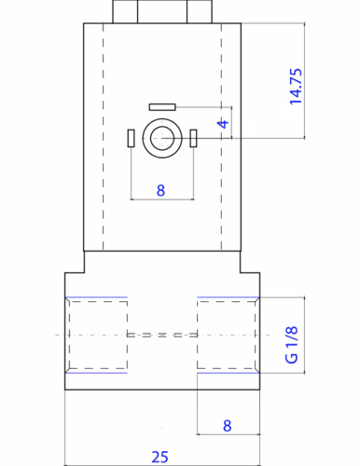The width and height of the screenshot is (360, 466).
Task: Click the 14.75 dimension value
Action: click(296, 87)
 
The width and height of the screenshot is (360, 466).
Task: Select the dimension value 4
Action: click(223, 124)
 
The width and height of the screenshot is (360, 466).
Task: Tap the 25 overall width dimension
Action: click(159, 457)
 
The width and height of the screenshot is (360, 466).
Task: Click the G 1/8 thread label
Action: click(291, 345)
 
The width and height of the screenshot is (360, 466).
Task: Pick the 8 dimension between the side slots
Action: click(160, 190)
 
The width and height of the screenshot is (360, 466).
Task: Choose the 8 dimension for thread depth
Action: click(228, 426)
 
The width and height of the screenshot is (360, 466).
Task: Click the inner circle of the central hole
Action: click(162, 138)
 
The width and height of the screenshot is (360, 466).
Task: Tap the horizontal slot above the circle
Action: click(162, 107)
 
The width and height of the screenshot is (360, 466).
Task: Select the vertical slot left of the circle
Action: click(131, 138)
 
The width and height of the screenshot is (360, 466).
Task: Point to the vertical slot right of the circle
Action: click(193, 138)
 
